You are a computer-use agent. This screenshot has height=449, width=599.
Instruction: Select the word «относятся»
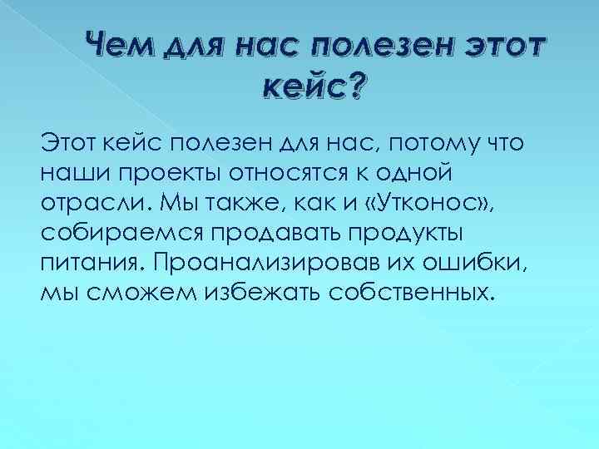click(x=307, y=174)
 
